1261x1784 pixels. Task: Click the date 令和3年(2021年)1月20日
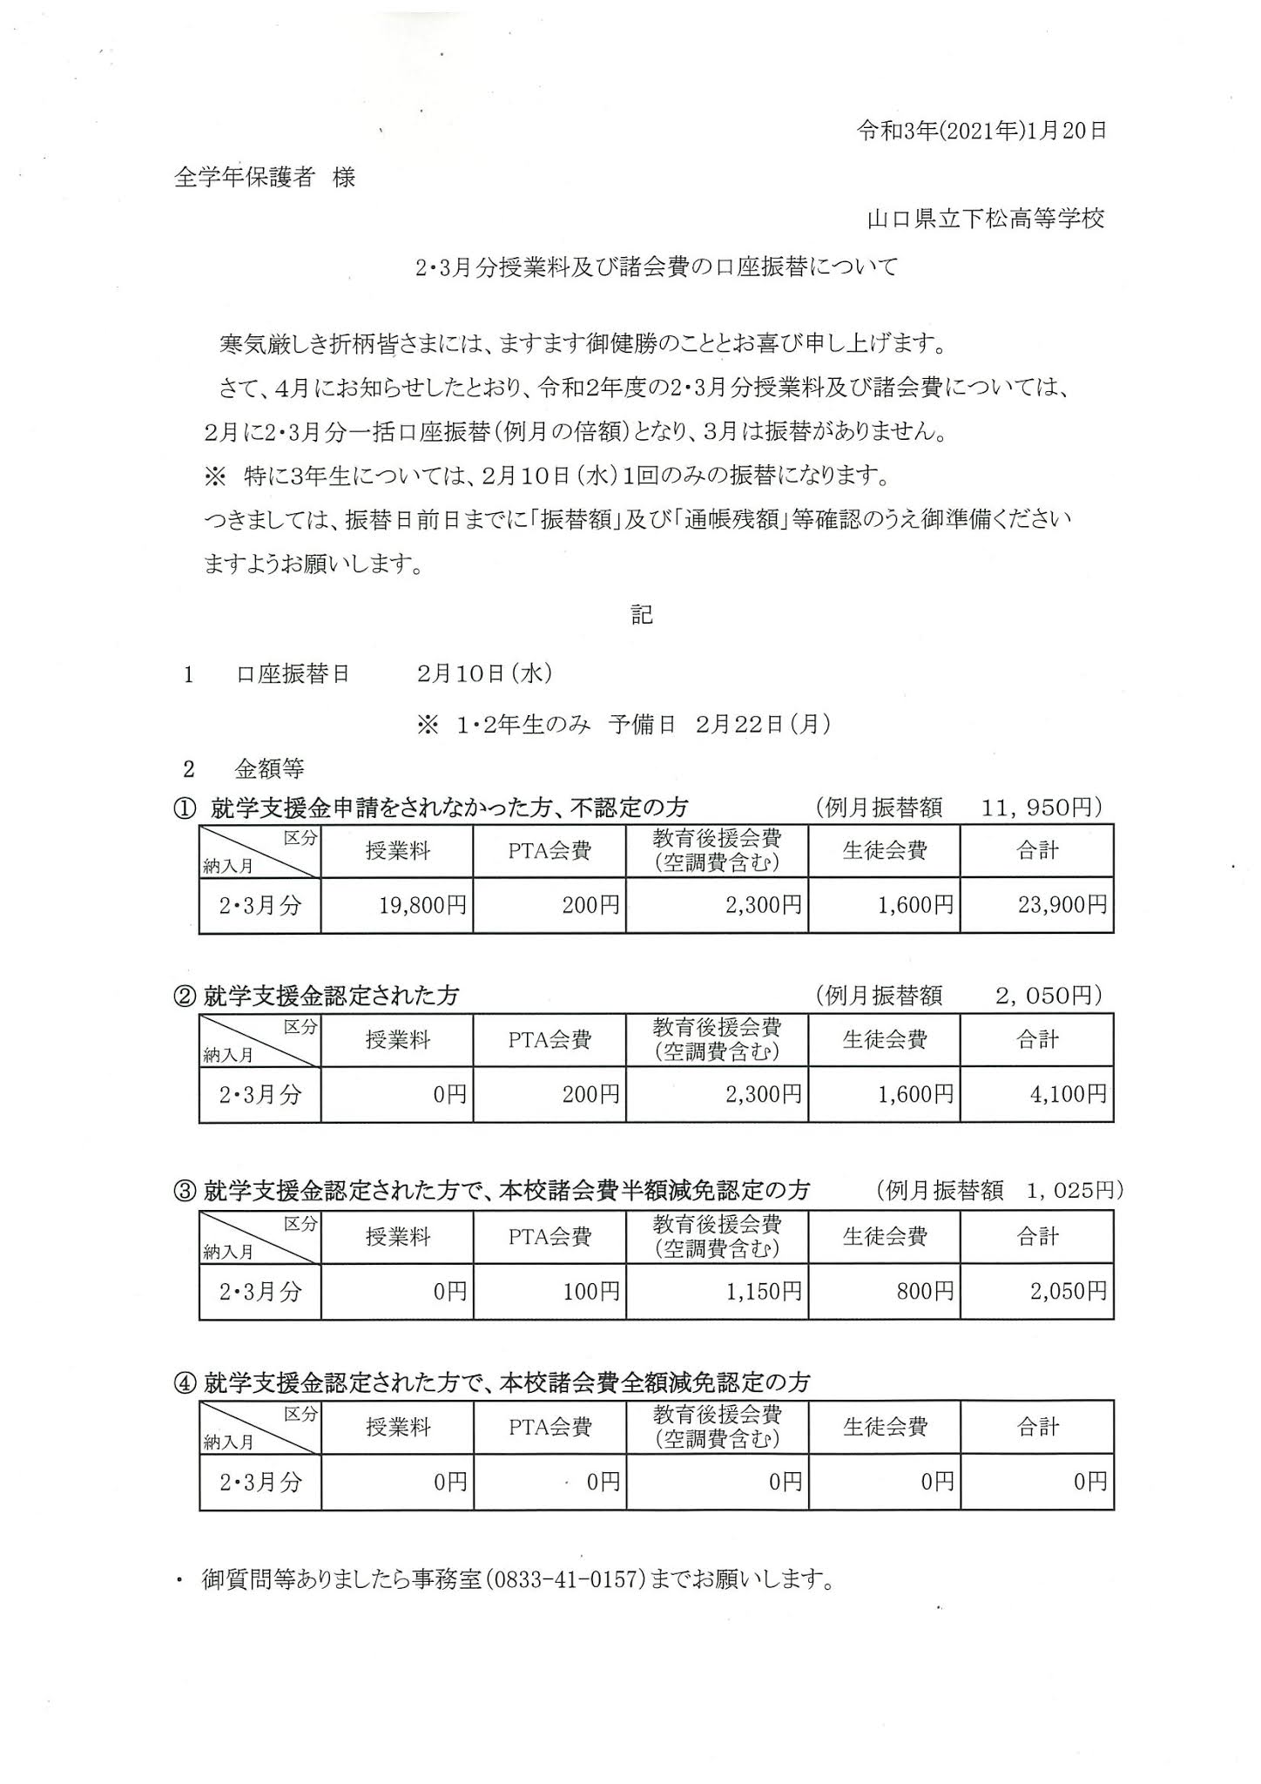pos(981,131)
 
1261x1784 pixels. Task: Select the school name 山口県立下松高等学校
pos(985,219)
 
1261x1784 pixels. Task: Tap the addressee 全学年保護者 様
pos(265,178)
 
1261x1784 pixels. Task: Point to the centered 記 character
pos(642,615)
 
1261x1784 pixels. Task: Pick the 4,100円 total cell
pos(1068,1093)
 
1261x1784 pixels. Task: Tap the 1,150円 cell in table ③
pos(763,1291)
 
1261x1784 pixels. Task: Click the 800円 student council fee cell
pos(925,1291)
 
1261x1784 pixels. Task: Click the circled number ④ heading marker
pos(185,1383)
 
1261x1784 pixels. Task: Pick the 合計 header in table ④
pos(1037,1427)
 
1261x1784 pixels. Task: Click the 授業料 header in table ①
pos(397,851)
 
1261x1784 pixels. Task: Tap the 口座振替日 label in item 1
pos(293,674)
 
